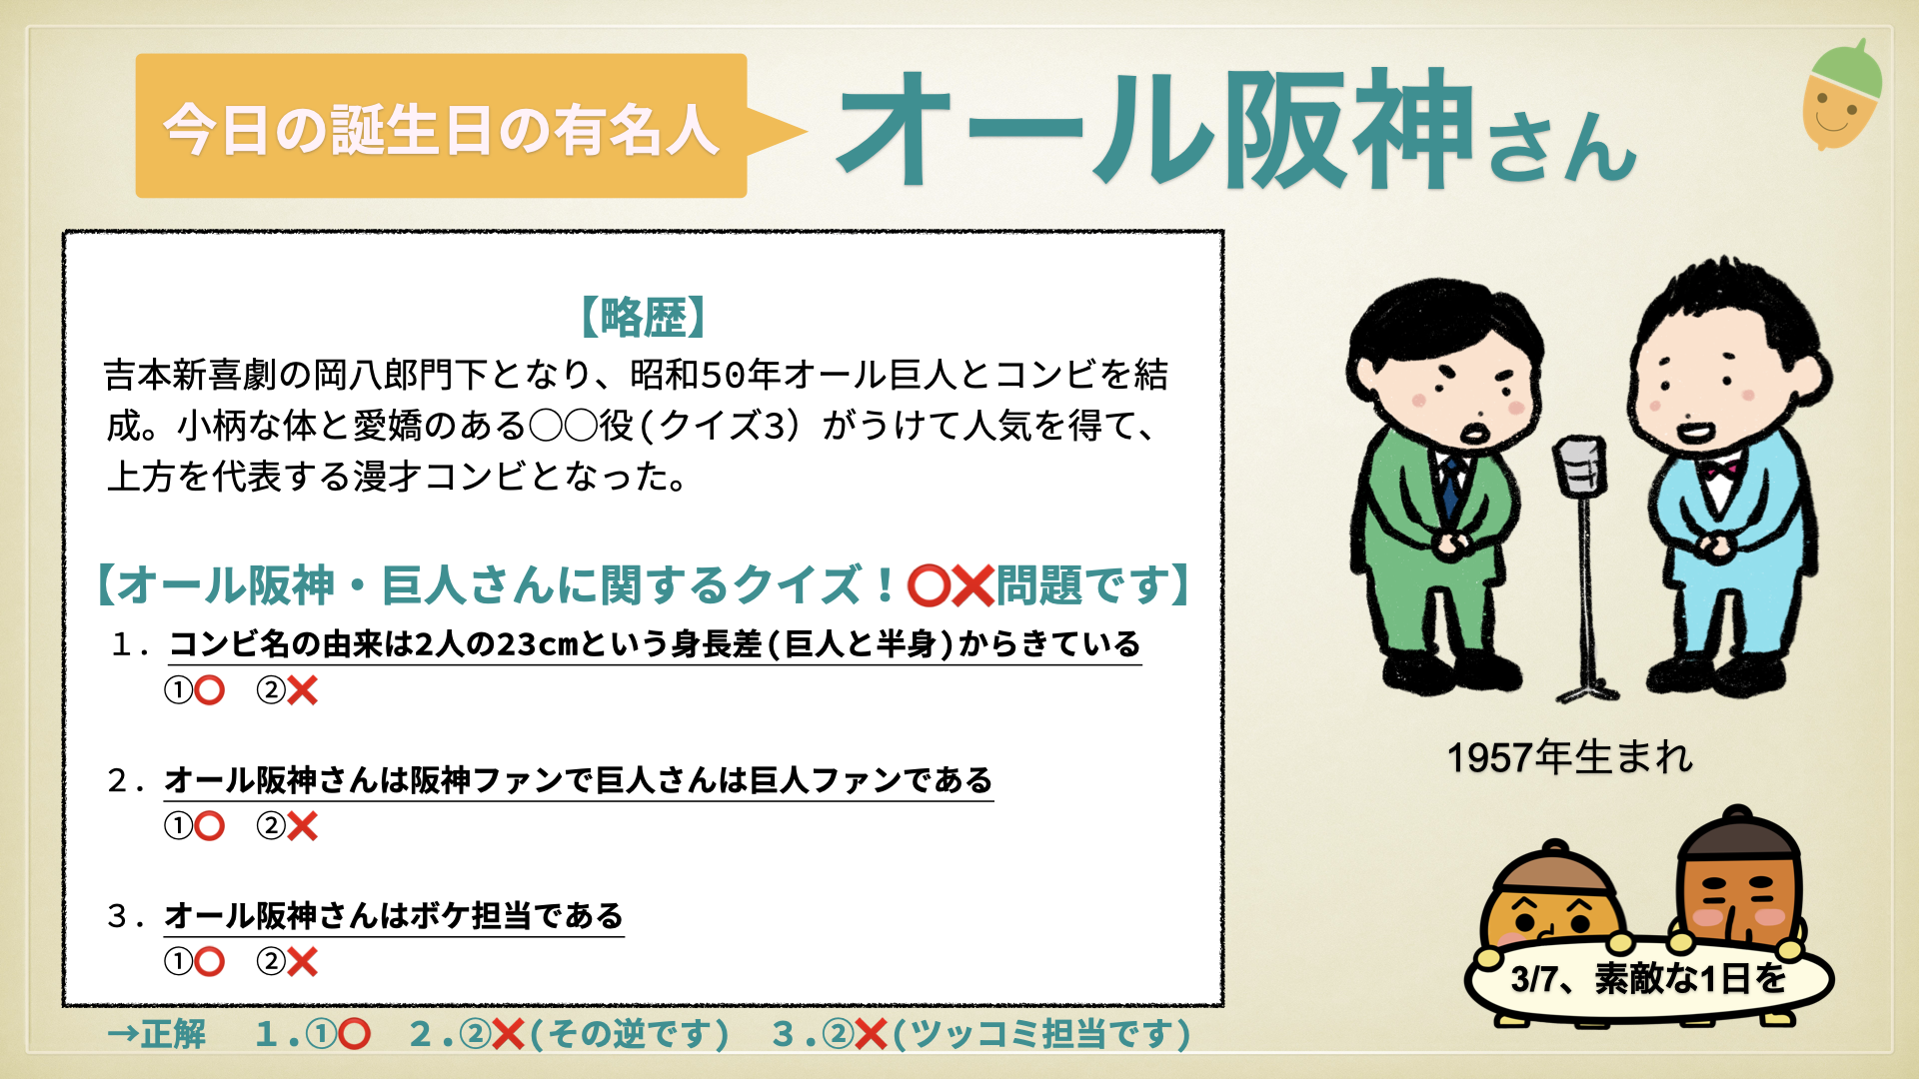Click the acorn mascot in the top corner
pyautogui.click(x=1842, y=95)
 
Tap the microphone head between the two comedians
pyautogui.click(x=1580, y=466)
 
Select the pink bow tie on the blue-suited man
pyautogui.click(x=1720, y=468)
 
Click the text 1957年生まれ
pyautogui.click(x=1570, y=757)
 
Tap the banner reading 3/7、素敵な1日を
pyautogui.click(x=1648, y=978)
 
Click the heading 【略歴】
pyautogui.click(x=643, y=317)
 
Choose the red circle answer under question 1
pyautogui.click(x=210, y=690)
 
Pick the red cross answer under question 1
pyautogui.click(x=302, y=690)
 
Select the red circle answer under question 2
pyautogui.click(x=210, y=826)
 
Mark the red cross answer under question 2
pyautogui.click(x=302, y=826)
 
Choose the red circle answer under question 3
pyautogui.click(x=210, y=962)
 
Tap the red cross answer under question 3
pyautogui.click(x=302, y=962)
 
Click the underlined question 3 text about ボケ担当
pyautogui.click(x=394, y=916)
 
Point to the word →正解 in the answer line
pyautogui.click(x=156, y=1034)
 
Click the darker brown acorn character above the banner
pyautogui.click(x=1739, y=879)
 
